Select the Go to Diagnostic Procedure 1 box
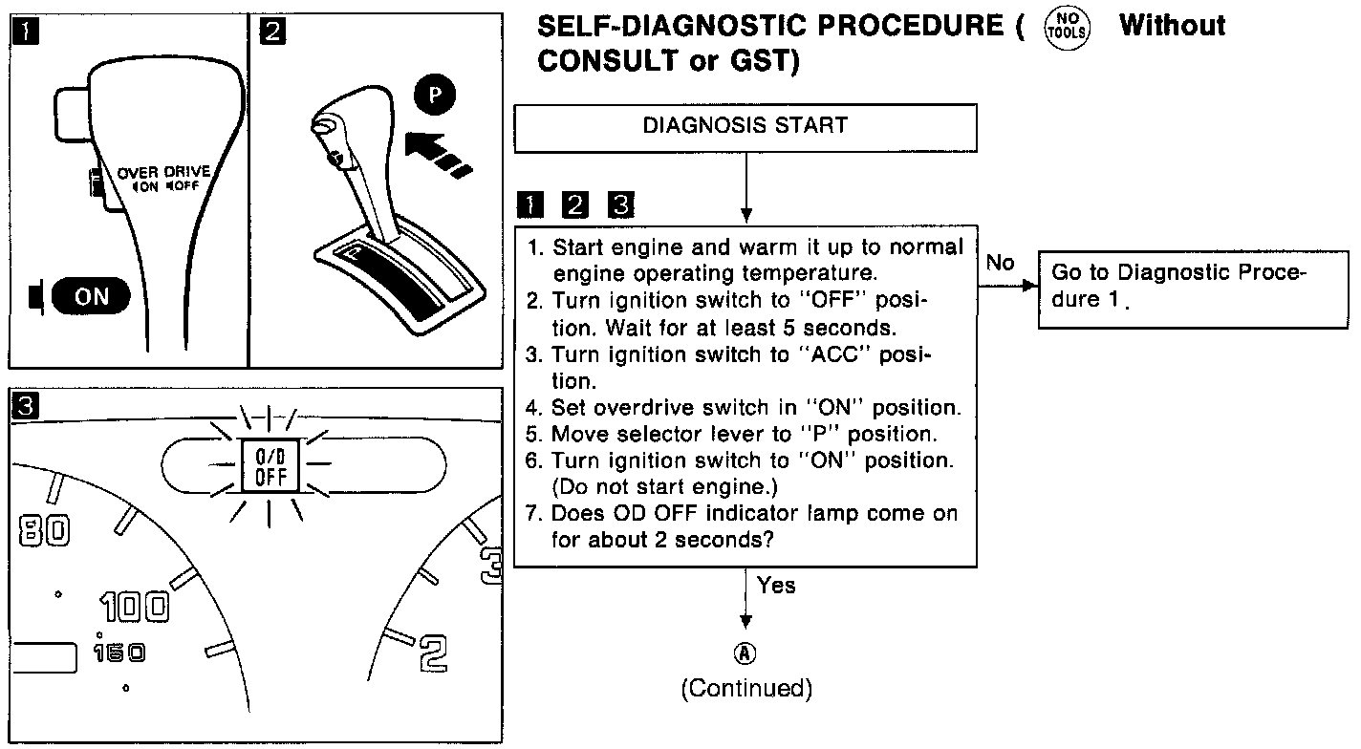[1193, 286]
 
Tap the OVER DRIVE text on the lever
[163, 172]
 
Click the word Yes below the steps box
[775, 585]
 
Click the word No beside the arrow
[1000, 264]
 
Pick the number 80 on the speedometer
[44, 532]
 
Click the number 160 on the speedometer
[119, 653]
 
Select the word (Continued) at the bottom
[745, 689]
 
